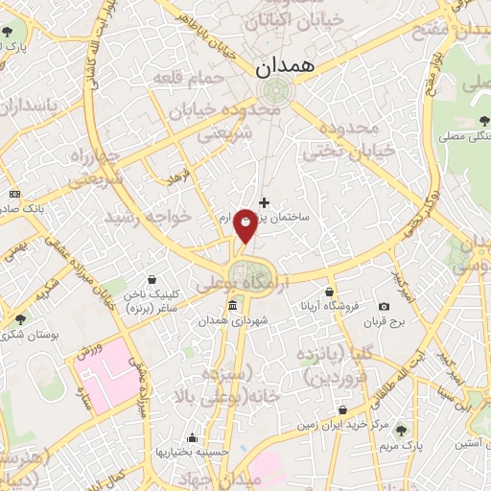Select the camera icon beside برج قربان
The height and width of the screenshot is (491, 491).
(385, 306)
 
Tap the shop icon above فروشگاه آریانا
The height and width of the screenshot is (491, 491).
(330, 292)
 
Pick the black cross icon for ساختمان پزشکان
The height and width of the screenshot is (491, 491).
(265, 203)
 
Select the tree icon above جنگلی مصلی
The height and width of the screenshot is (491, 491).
(480, 121)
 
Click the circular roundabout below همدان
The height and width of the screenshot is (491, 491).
(273, 90)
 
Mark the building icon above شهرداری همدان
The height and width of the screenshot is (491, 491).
(233, 306)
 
